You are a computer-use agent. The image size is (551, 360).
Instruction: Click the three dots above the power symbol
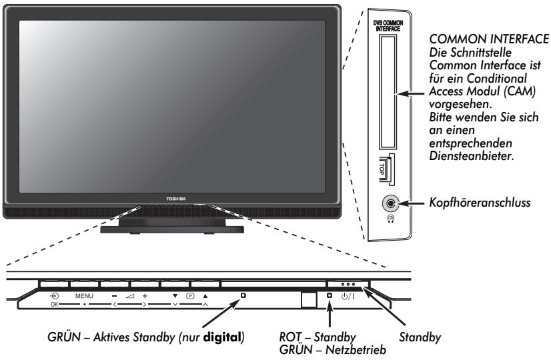click(350, 285)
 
